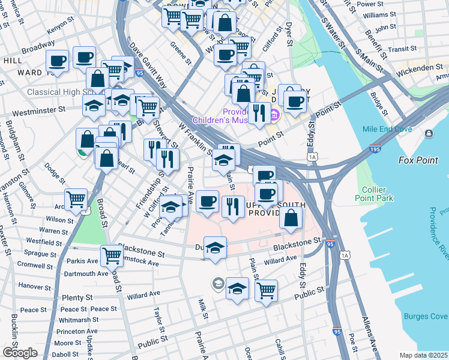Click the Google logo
[x=20, y=352]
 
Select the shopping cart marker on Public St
[x=266, y=291]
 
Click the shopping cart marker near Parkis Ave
[x=112, y=256]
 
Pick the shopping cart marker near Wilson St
[x=76, y=199]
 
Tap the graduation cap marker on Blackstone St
[x=215, y=247]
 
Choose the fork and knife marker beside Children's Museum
[x=259, y=113]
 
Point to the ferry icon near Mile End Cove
[x=429, y=133]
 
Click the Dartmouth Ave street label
[x=85, y=274]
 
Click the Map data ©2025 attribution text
[x=423, y=355]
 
